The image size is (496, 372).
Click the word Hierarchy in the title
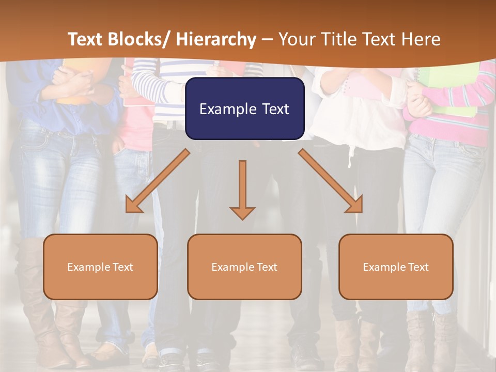point(216,39)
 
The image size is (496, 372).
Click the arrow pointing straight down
point(242,189)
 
